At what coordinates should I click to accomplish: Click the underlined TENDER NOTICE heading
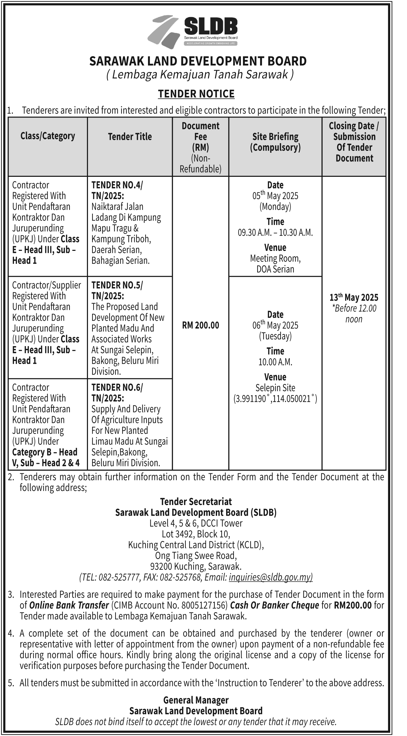click(196, 94)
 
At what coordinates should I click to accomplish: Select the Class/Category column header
click(48, 136)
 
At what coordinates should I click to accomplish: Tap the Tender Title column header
click(130, 137)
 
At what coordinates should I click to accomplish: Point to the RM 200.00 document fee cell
click(201, 325)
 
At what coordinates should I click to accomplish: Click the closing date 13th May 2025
click(354, 297)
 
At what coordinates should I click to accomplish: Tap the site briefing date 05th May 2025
click(275, 196)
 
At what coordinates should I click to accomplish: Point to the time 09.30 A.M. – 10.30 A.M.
click(275, 232)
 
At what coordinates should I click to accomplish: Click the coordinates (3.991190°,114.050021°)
click(275, 399)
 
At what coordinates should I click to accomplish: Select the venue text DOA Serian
click(275, 269)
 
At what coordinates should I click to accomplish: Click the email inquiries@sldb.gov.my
click(271, 577)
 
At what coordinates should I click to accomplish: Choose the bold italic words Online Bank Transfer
click(69, 605)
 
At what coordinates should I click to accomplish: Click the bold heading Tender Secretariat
click(196, 501)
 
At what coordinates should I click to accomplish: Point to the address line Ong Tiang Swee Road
click(196, 555)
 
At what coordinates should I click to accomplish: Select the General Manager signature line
click(196, 700)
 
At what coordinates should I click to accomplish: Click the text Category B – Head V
click(45, 457)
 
